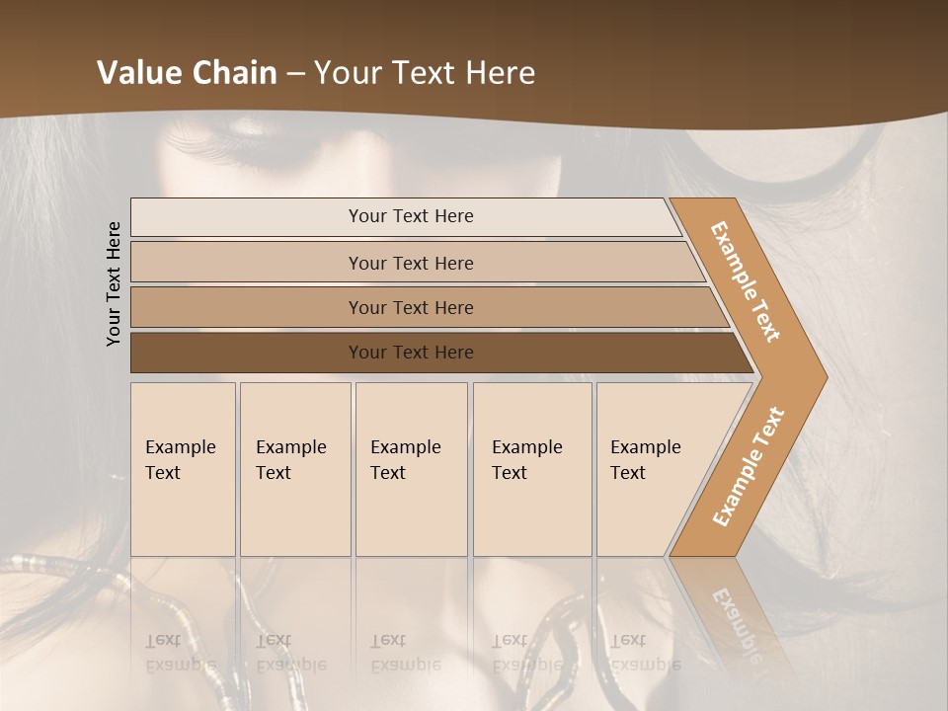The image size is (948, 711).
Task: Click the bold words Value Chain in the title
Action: point(187,73)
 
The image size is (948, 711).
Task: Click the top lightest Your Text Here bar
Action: point(410,216)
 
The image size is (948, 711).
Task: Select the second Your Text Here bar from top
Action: point(410,263)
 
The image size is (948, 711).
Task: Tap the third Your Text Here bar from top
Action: point(410,307)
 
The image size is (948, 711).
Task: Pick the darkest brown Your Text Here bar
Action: point(410,353)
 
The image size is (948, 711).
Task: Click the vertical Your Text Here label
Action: point(114,283)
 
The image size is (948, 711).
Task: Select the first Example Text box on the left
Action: point(183,469)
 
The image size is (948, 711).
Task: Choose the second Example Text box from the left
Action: point(294,469)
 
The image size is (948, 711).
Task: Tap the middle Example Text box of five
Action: point(411,469)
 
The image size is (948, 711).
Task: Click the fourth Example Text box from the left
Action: point(531,469)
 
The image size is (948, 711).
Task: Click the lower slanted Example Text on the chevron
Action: point(749,466)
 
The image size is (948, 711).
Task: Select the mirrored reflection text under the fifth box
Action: point(645,653)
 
